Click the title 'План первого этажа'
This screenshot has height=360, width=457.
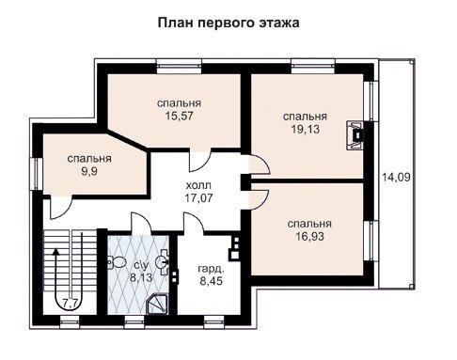point(228,23)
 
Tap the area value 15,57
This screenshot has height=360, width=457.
point(179,116)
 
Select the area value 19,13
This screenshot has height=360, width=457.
point(306,129)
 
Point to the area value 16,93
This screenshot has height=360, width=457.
point(309,237)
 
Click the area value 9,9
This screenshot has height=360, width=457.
point(89,171)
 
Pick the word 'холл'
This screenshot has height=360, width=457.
point(198,185)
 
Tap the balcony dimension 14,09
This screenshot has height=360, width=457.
point(396,178)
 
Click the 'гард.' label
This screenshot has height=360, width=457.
point(211,269)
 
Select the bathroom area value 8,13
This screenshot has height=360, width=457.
point(141,277)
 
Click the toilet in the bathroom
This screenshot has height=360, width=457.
point(116,262)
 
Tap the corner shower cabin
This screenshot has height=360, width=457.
point(158,304)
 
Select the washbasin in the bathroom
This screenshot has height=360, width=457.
point(162,262)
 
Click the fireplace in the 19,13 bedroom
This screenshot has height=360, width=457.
point(355,135)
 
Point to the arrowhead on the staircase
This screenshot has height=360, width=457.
point(56,251)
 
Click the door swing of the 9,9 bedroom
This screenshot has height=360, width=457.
point(61,207)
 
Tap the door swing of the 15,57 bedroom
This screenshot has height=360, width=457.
point(200,162)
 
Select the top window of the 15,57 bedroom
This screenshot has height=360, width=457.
point(179,67)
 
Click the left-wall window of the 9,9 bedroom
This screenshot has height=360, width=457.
point(37,173)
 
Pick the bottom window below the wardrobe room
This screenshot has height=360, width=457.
point(213,321)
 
